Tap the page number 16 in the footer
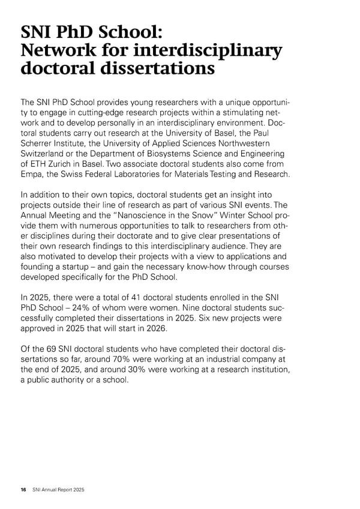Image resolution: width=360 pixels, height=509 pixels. click(x=23, y=490)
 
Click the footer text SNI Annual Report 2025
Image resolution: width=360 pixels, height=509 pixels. click(x=58, y=490)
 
